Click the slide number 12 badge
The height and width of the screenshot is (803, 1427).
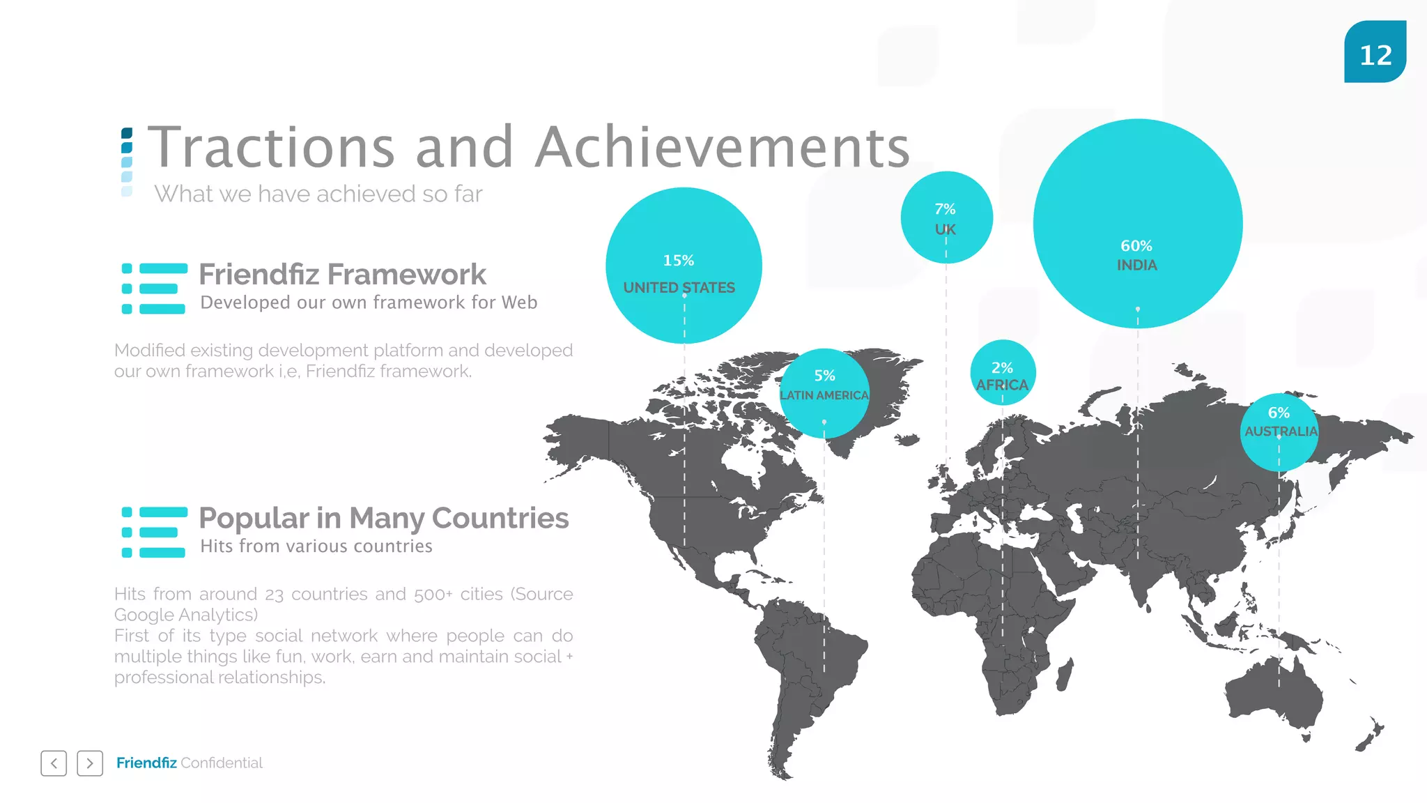1375,52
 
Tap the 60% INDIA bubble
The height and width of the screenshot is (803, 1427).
1137,223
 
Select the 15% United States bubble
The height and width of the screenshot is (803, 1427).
684,266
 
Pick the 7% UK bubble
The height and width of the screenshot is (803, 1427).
946,217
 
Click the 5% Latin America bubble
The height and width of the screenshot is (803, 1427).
824,392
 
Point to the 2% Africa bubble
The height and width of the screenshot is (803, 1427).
1003,373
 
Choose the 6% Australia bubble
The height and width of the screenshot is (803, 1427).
1279,431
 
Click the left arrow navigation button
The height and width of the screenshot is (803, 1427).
54,763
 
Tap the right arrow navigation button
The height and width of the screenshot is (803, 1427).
90,763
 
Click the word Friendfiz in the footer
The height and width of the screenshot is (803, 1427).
146,763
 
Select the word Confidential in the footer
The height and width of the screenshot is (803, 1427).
222,763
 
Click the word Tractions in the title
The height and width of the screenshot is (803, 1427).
272,148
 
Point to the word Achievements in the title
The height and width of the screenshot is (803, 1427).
723,148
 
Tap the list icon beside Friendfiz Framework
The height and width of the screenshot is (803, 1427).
154,289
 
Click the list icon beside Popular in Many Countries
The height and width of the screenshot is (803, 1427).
154,533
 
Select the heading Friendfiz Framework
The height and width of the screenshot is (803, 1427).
342,275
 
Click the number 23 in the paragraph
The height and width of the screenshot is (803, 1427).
274,595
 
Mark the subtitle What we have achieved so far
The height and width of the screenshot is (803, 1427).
318,194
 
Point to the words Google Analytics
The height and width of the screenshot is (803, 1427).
185,615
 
